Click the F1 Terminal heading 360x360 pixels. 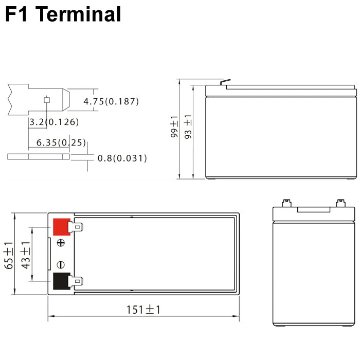point(63,14)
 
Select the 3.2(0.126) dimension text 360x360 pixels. point(54,122)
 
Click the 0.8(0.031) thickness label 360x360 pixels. point(122,158)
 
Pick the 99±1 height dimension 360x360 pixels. point(173,126)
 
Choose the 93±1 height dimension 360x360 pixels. point(188,127)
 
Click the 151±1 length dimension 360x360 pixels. point(143,310)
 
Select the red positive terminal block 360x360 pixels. point(61,226)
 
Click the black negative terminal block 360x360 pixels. point(61,281)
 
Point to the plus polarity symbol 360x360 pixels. point(61,243)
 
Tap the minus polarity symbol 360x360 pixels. point(61,264)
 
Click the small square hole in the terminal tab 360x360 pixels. point(47,100)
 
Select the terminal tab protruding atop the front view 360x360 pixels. point(225,82)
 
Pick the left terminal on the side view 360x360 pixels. point(286,202)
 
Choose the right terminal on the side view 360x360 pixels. point(340,202)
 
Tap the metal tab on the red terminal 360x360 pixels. point(77,226)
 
